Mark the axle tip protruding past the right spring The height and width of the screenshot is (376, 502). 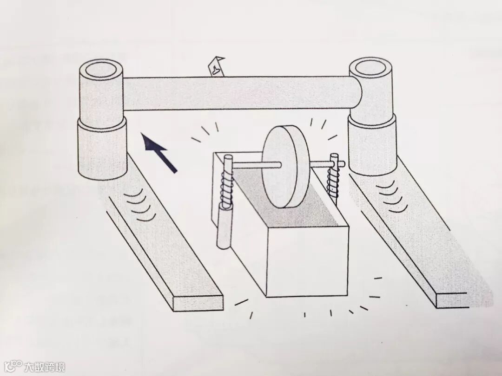pos(341,163)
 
